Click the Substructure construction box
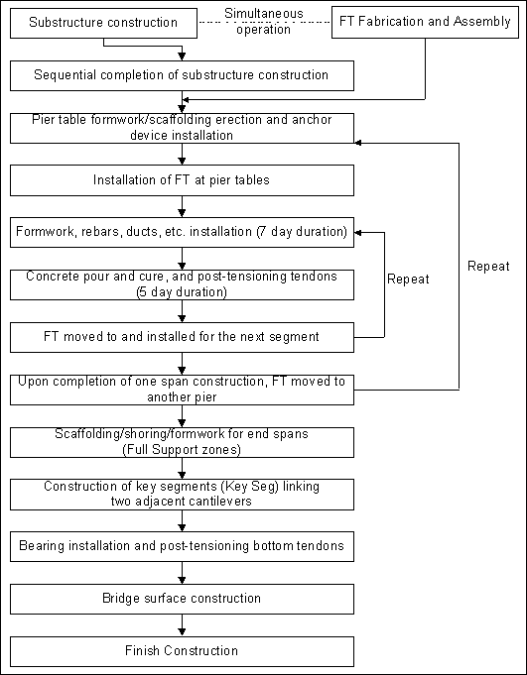click(103, 23)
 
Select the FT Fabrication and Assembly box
click(425, 22)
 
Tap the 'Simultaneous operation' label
click(264, 22)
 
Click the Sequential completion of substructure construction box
click(182, 75)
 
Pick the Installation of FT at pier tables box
click(182, 180)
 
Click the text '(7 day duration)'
click(302, 232)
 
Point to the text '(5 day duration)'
click(182, 292)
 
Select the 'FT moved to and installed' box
click(182, 337)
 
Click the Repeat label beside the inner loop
click(408, 280)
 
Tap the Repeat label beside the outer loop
click(488, 267)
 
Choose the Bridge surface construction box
click(182, 599)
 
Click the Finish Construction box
click(182, 651)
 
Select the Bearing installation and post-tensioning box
click(182, 546)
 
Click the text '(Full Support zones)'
click(182, 450)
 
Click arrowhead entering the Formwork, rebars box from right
click(357, 233)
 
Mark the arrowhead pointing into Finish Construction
click(182, 632)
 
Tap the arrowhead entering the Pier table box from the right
click(357, 143)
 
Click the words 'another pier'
click(182, 397)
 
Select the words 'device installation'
click(182, 135)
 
